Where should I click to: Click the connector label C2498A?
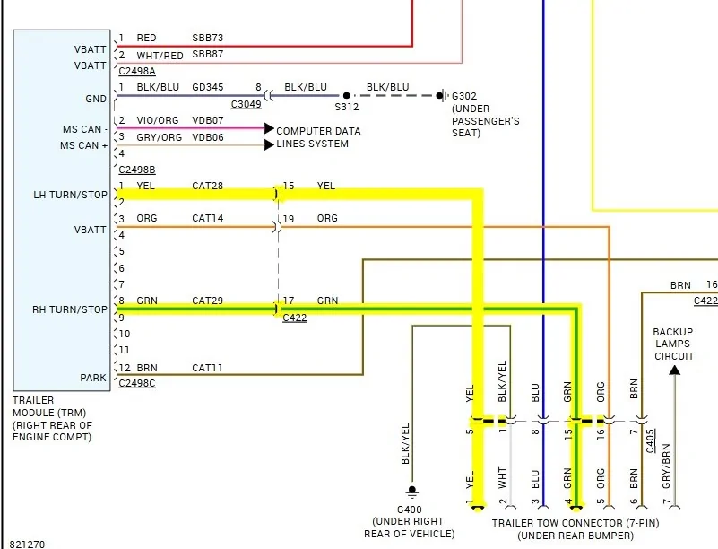pyautogui.click(x=137, y=71)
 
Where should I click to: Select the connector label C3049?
pyautogui.click(x=246, y=104)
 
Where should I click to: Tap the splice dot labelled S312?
pyautogui.click(x=347, y=96)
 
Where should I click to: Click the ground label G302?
pyautogui.click(x=464, y=96)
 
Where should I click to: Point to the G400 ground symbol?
pyautogui.click(x=412, y=492)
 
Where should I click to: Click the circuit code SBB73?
pyautogui.click(x=207, y=38)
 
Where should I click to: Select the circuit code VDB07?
pyautogui.click(x=208, y=120)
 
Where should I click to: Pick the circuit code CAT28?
pyautogui.click(x=207, y=186)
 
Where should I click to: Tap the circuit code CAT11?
pyautogui.click(x=207, y=368)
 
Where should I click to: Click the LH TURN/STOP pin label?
pyautogui.click(x=70, y=195)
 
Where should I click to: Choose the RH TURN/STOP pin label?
pyautogui.click(x=70, y=309)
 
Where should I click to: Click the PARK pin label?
pyautogui.click(x=93, y=378)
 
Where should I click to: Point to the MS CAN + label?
pyautogui.click(x=83, y=145)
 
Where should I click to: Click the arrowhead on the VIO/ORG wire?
pyautogui.click(x=269, y=128)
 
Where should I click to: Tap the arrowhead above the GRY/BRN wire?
pyautogui.click(x=674, y=370)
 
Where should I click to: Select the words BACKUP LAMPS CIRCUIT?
pyautogui.click(x=673, y=344)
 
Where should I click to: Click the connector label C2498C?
pyautogui.click(x=137, y=383)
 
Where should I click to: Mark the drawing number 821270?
pyautogui.click(x=27, y=544)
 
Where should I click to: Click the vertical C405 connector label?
pyautogui.click(x=650, y=440)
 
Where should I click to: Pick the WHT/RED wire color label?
pyautogui.click(x=160, y=56)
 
